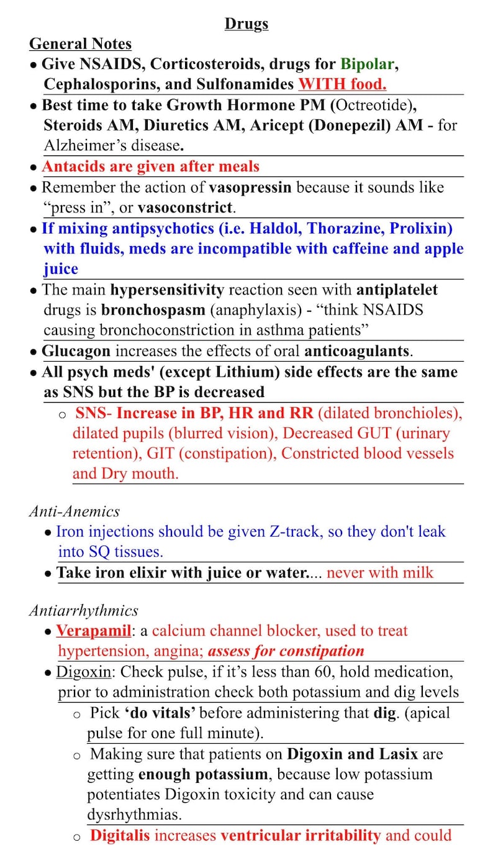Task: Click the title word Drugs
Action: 246,24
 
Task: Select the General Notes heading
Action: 80,43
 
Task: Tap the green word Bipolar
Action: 366,63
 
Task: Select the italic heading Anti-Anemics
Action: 74,511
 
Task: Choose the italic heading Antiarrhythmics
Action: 83,610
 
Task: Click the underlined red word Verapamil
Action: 93,631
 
